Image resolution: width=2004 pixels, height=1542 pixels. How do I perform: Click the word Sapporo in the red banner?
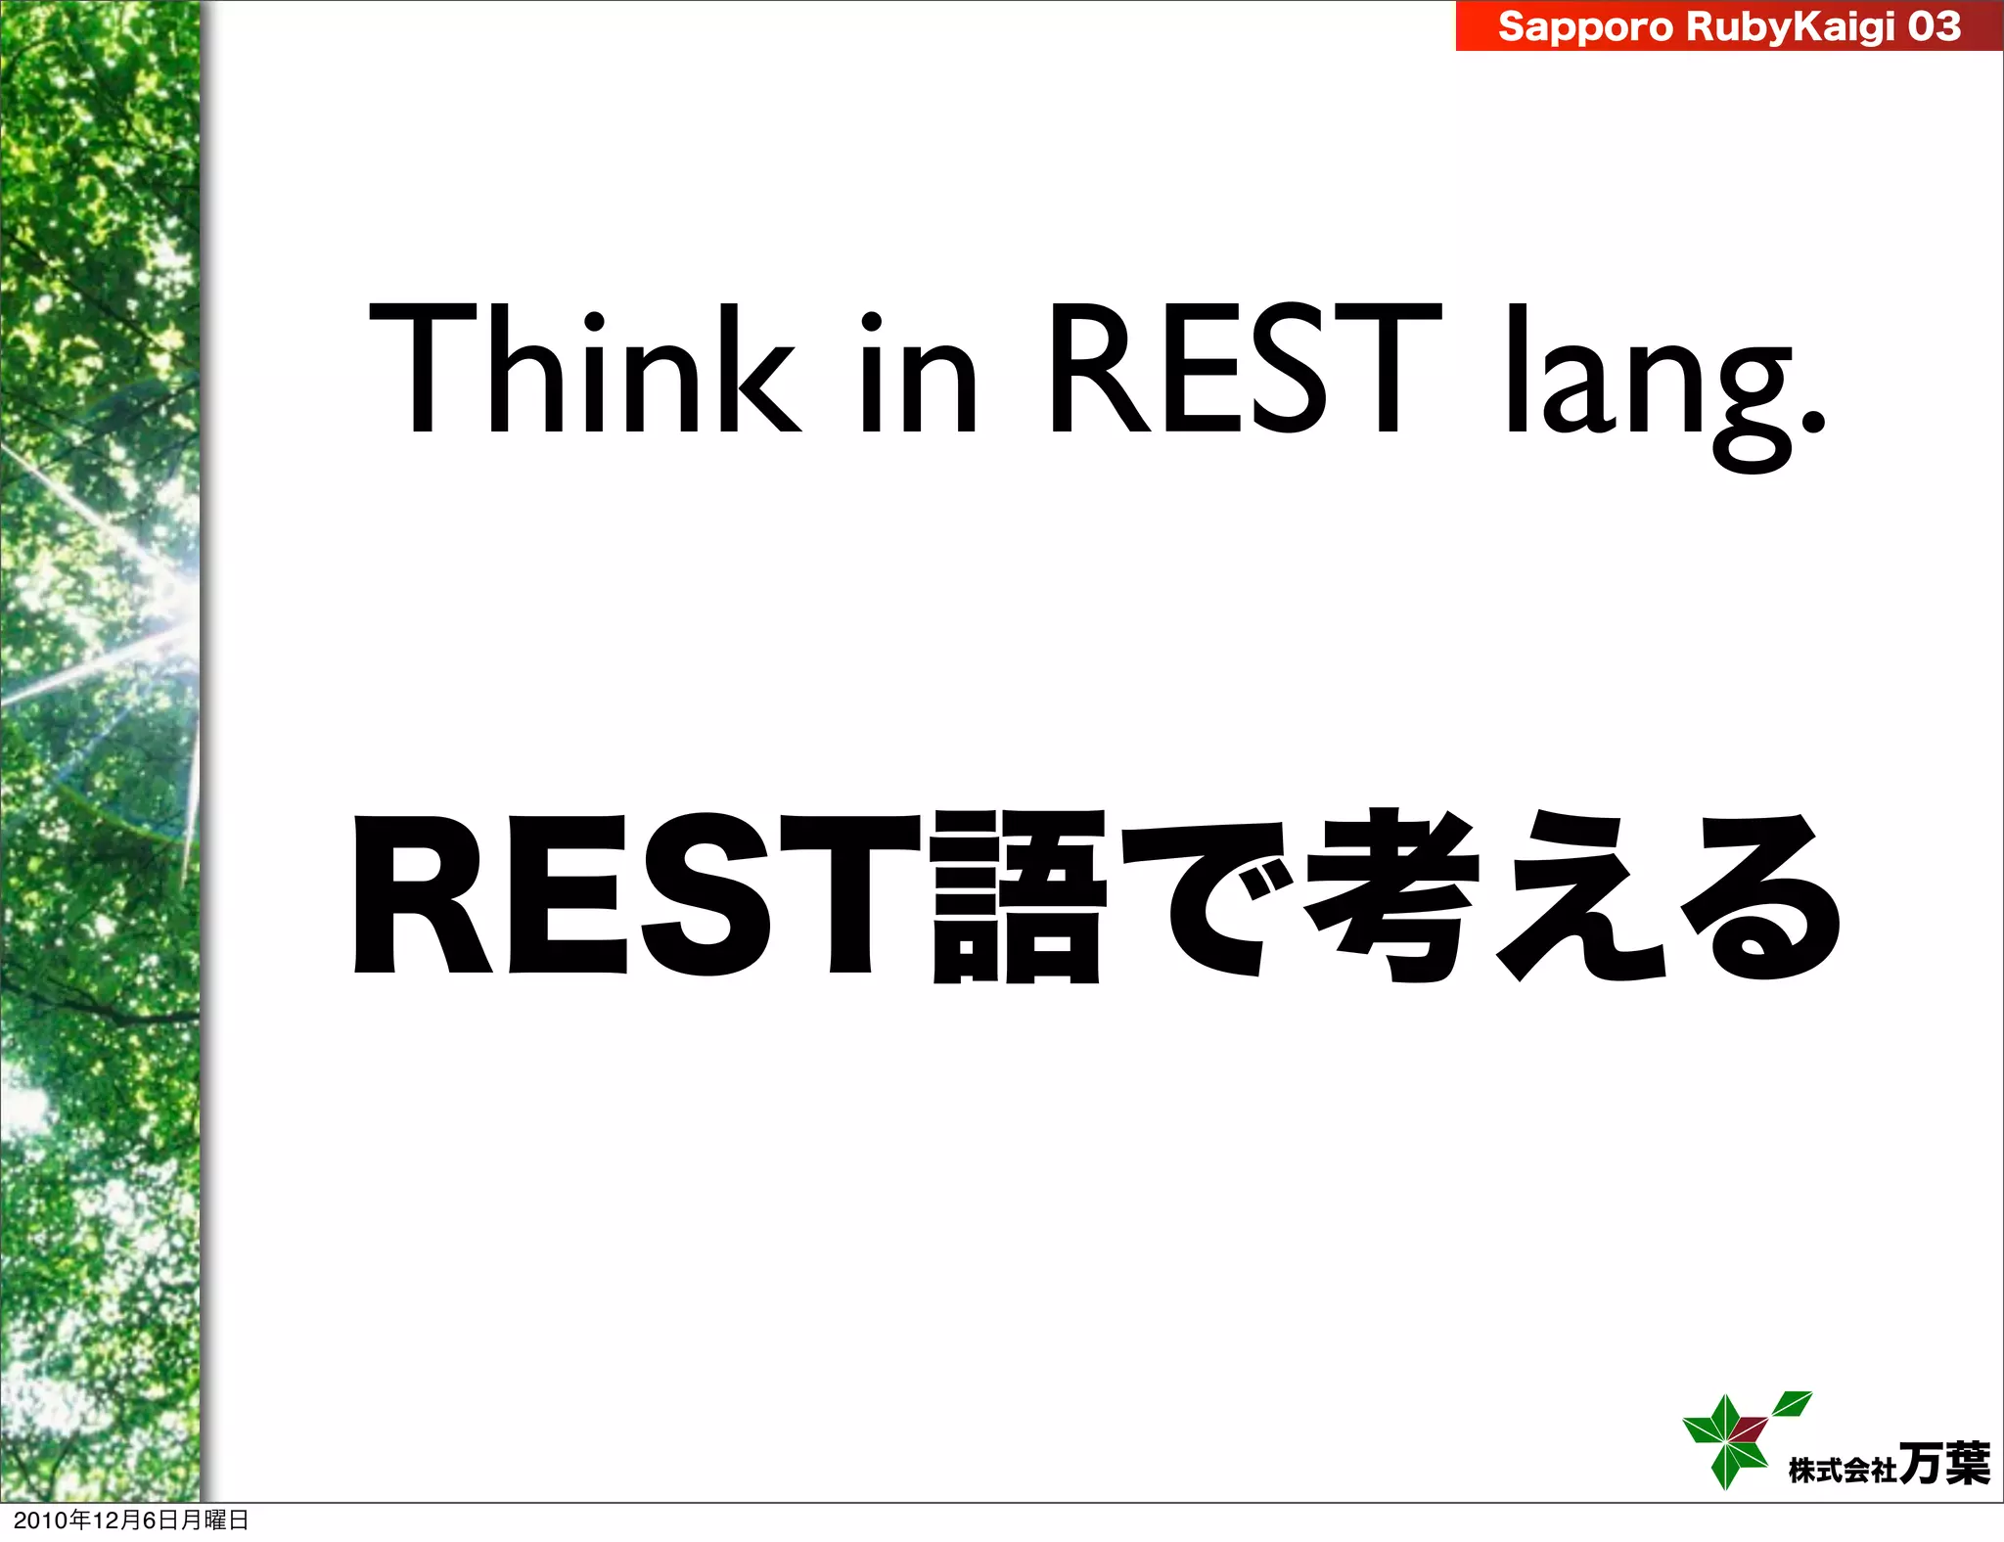tap(1585, 26)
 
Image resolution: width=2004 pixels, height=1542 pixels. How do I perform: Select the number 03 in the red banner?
tap(1934, 26)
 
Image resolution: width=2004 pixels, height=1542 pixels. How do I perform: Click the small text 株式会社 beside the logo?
tap(1843, 1470)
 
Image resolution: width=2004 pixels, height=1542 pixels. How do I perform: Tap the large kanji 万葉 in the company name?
tap(1943, 1464)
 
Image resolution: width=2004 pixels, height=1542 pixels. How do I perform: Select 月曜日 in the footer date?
tap(215, 1520)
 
